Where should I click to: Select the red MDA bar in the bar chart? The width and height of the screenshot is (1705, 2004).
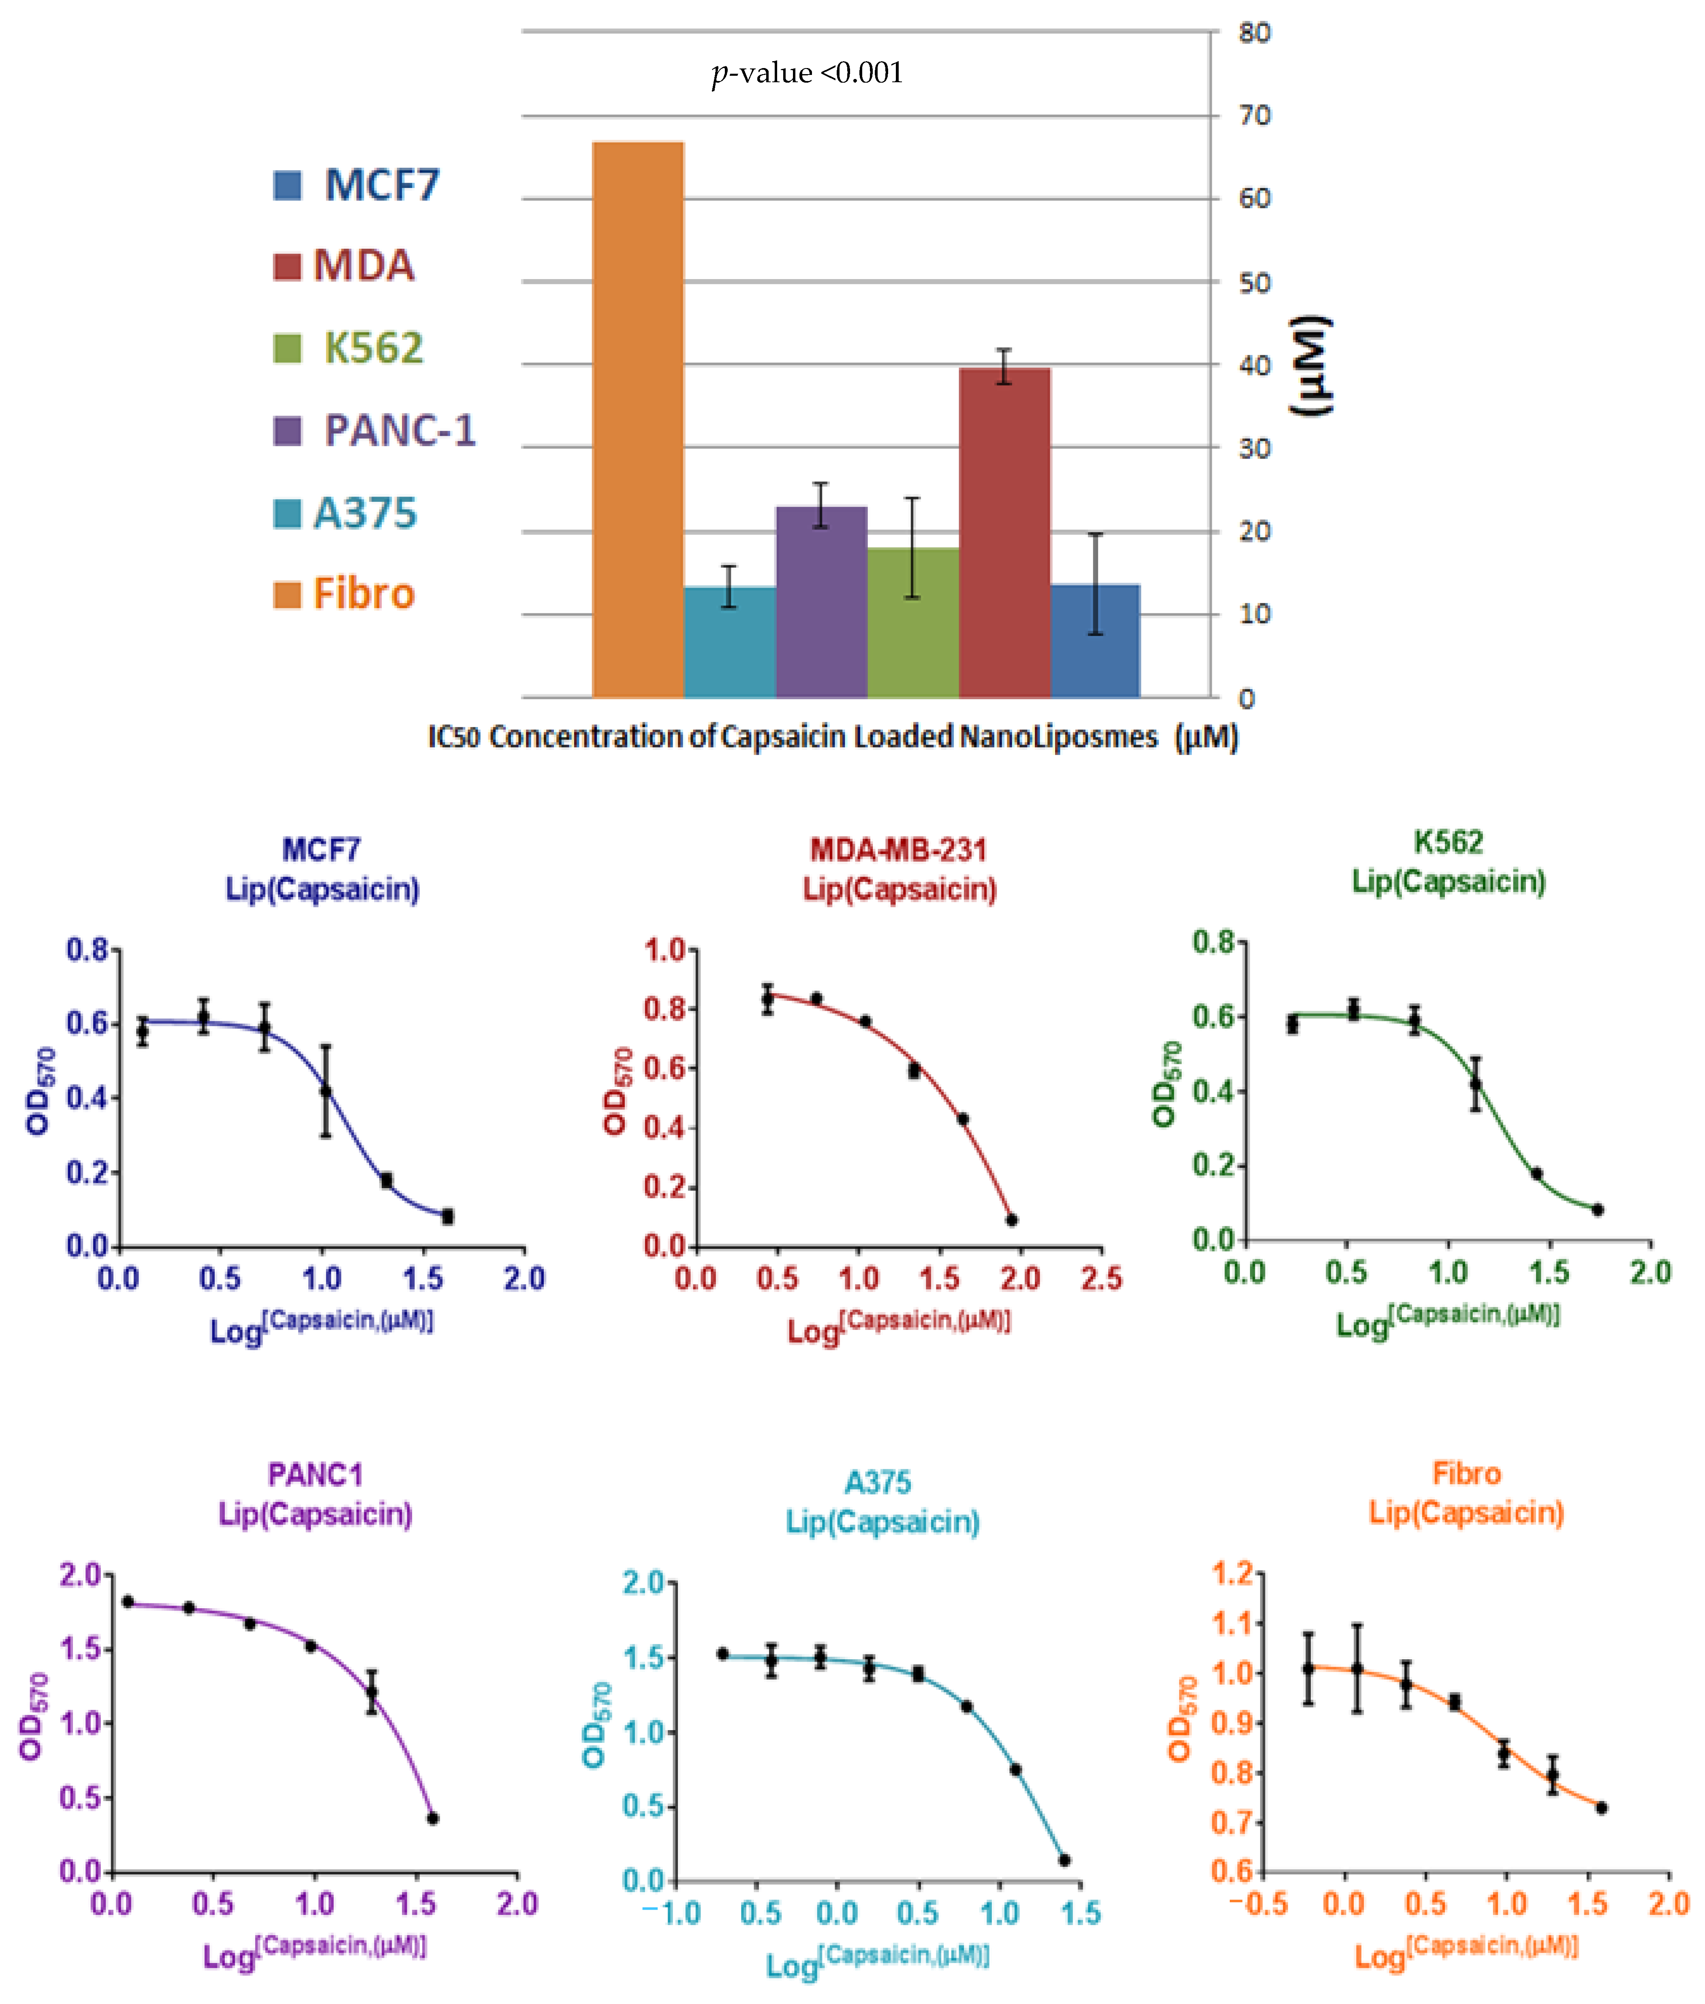click(1004, 531)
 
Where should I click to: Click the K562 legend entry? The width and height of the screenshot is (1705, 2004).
click(350, 348)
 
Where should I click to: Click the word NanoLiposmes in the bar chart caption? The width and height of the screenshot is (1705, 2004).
click(1058, 737)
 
